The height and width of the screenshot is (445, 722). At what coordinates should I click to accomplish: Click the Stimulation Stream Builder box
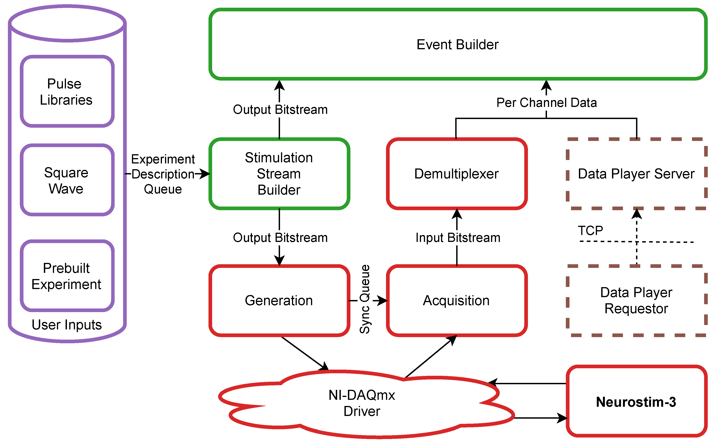click(279, 174)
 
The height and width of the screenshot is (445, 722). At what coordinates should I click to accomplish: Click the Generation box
click(279, 301)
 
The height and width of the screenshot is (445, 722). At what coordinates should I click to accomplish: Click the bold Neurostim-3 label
click(636, 402)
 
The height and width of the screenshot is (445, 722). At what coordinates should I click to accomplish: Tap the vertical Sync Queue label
click(365, 299)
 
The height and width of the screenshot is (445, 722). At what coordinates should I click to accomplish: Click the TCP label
click(590, 230)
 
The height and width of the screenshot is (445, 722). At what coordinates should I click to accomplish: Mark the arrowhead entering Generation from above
click(279, 260)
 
